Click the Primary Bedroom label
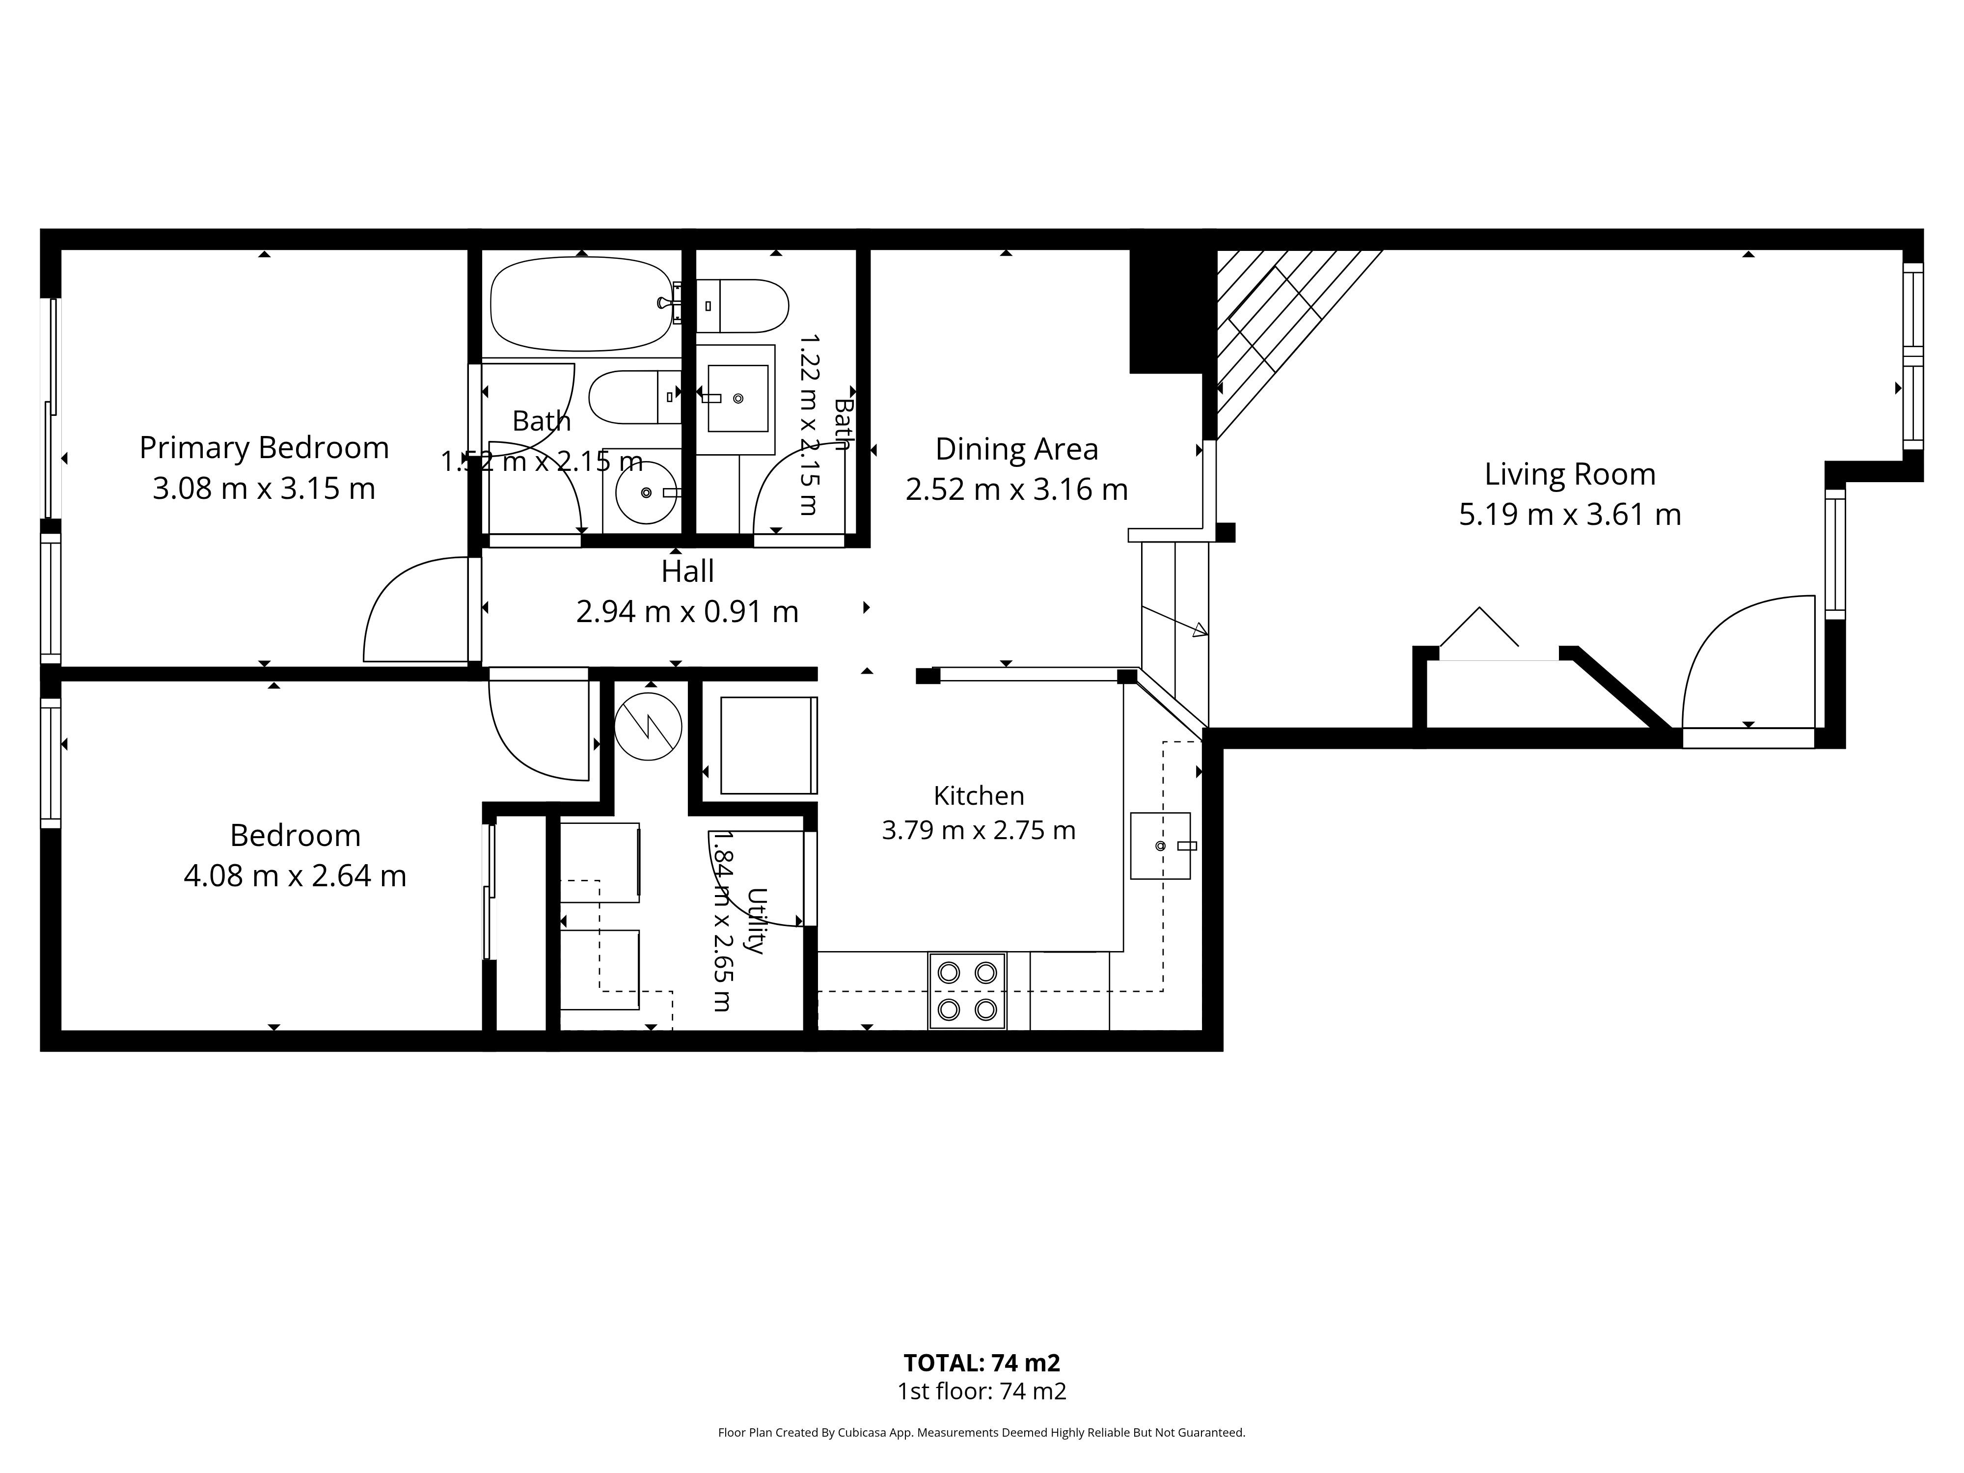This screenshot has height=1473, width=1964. [264, 447]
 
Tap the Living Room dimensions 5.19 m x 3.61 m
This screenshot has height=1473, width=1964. [1570, 515]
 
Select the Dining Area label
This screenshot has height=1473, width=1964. [1017, 449]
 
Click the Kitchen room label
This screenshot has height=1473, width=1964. [979, 795]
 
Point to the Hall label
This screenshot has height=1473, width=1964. [687, 571]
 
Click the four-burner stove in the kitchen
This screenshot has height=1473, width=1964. [967, 991]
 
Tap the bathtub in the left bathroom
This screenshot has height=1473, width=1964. [581, 303]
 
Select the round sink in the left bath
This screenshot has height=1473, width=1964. [646, 492]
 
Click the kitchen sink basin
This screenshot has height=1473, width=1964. [1160, 846]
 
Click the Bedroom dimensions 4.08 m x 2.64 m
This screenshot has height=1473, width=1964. [295, 876]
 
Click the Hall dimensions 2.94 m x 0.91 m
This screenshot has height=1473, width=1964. [687, 612]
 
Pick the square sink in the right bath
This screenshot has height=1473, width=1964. [737, 399]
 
